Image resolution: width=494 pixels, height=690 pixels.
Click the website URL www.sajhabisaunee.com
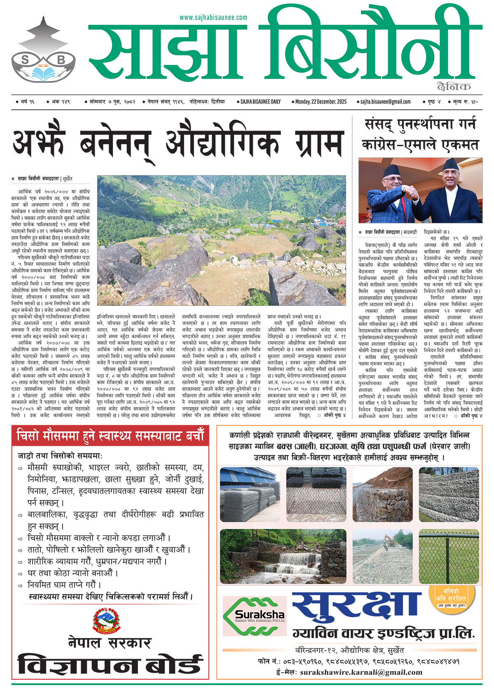pos(213,17)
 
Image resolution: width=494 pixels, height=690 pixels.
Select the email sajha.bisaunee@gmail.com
pos(385,102)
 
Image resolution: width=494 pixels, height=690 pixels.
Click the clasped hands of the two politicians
pos(412,191)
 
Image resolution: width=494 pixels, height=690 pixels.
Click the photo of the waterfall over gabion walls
pos(283,557)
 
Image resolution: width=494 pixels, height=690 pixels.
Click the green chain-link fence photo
pos(449,557)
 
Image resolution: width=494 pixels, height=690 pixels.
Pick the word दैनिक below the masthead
pos(454,87)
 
